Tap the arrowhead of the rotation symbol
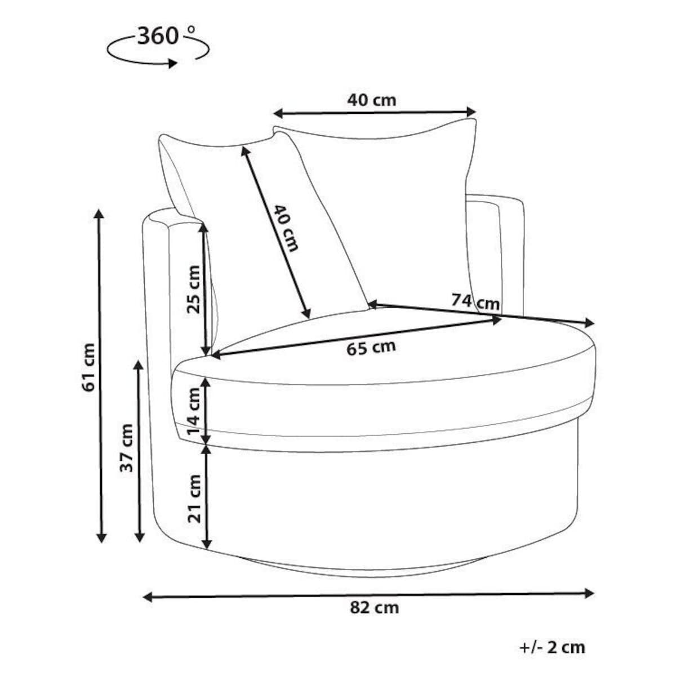click(x=172, y=64)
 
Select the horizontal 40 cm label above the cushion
click(x=372, y=101)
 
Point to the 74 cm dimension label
click(x=475, y=302)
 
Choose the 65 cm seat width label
click(x=371, y=348)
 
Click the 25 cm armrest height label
click(x=194, y=290)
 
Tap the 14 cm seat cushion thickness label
click(x=194, y=411)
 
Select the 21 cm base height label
click(x=194, y=499)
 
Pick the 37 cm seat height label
click(x=127, y=448)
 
